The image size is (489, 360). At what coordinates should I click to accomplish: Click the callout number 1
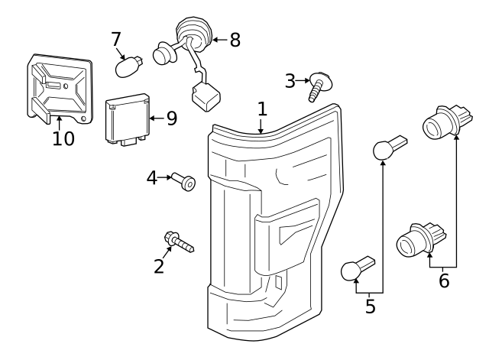(262, 109)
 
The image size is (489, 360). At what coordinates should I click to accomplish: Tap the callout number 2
(159, 266)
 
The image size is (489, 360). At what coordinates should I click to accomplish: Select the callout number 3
(290, 81)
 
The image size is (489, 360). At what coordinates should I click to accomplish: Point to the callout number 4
(152, 178)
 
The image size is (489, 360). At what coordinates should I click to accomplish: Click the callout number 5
(370, 306)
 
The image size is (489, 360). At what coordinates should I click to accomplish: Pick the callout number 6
(444, 281)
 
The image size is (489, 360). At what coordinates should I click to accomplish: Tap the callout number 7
(115, 39)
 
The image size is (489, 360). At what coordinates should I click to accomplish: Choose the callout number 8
(235, 40)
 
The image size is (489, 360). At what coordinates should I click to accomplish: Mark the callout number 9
(172, 118)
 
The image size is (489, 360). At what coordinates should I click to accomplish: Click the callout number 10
(63, 138)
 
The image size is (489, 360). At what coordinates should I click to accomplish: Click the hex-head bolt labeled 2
(179, 242)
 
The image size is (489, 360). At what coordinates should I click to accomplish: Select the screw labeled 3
(319, 86)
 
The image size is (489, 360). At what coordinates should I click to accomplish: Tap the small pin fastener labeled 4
(183, 181)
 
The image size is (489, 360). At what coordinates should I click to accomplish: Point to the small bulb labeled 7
(129, 66)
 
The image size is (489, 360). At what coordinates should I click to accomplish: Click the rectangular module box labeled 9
(128, 119)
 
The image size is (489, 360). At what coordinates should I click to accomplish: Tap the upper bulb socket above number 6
(447, 122)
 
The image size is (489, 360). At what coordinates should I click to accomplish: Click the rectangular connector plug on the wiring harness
(206, 96)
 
